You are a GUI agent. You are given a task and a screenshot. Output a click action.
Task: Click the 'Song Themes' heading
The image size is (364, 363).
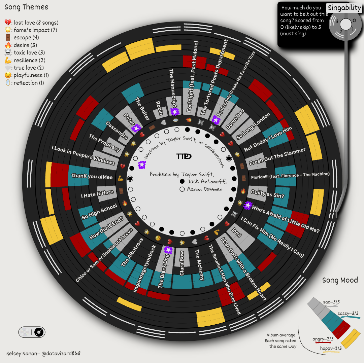click(x=26, y=7)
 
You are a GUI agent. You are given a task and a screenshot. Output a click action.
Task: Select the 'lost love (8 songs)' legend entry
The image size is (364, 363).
click(x=32, y=23)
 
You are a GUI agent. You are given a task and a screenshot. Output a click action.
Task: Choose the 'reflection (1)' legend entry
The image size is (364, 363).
click(x=27, y=83)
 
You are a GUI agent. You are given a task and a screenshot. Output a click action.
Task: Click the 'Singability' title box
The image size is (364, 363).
click(x=344, y=8)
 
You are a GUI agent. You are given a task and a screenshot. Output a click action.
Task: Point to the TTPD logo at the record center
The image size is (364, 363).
click(x=184, y=156)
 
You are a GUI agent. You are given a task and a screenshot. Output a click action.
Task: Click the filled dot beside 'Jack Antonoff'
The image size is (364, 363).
click(x=182, y=182)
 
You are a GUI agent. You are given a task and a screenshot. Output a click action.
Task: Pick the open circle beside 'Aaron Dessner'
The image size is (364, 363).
click(x=182, y=189)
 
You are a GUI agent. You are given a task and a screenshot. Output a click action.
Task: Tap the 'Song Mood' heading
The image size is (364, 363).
click(x=340, y=280)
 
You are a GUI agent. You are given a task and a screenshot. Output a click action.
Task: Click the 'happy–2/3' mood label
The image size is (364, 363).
click(x=331, y=348)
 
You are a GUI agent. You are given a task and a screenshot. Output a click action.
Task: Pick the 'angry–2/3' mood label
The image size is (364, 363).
click(x=323, y=339)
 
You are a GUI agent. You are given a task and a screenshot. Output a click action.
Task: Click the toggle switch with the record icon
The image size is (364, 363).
click(x=32, y=332)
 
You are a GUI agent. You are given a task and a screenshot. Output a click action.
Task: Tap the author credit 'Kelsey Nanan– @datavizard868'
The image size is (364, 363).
click(x=43, y=354)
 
